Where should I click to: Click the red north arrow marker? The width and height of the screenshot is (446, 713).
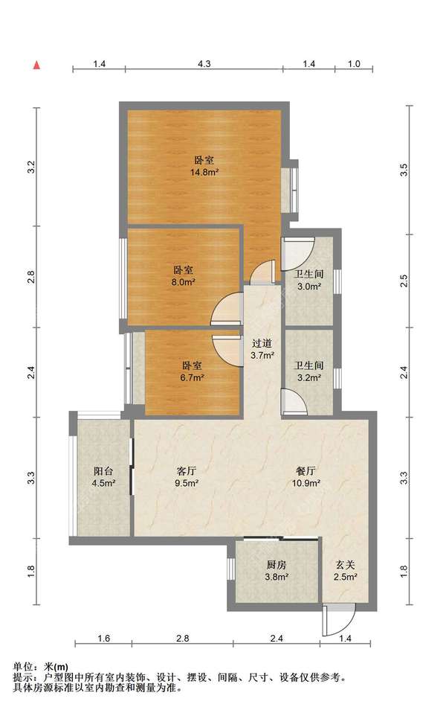[37, 65]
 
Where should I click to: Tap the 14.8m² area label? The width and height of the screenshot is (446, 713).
[204, 173]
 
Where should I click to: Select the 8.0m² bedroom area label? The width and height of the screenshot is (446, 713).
[183, 282]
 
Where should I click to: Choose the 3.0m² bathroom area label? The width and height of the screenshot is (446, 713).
[309, 287]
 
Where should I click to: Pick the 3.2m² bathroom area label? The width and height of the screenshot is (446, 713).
[309, 377]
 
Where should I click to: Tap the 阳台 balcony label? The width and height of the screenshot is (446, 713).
[103, 471]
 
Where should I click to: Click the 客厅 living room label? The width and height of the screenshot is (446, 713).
[186, 471]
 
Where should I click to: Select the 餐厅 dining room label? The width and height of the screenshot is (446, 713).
[306, 471]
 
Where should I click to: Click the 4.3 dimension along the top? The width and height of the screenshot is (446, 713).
[204, 64]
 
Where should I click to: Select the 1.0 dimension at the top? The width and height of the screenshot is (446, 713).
[354, 64]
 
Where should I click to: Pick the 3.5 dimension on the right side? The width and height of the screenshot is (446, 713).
[404, 170]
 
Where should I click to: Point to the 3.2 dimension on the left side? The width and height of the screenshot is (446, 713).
[31, 167]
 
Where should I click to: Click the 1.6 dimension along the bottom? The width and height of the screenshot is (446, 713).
[103, 639]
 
